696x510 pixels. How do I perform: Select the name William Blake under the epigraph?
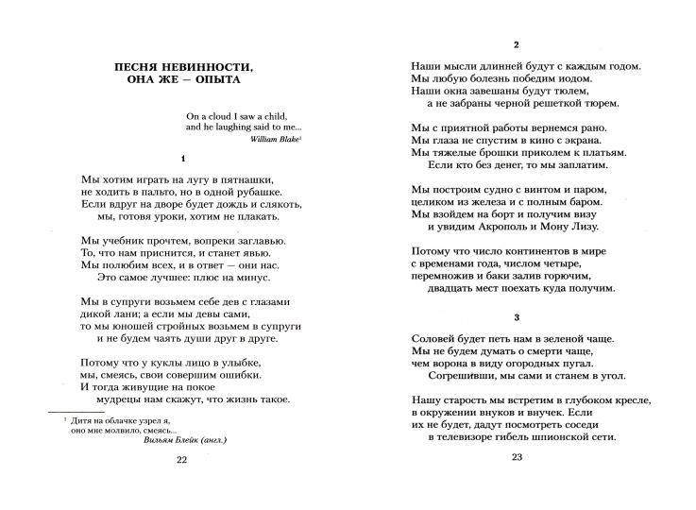[x=275, y=138]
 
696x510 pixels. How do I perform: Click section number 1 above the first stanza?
[x=183, y=158]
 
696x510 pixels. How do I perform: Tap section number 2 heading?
[x=516, y=44]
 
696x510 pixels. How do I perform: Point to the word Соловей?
[x=435, y=338]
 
